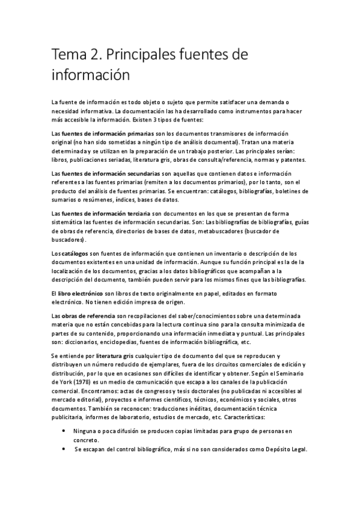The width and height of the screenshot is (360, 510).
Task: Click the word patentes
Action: pyautogui.click(x=291, y=159)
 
